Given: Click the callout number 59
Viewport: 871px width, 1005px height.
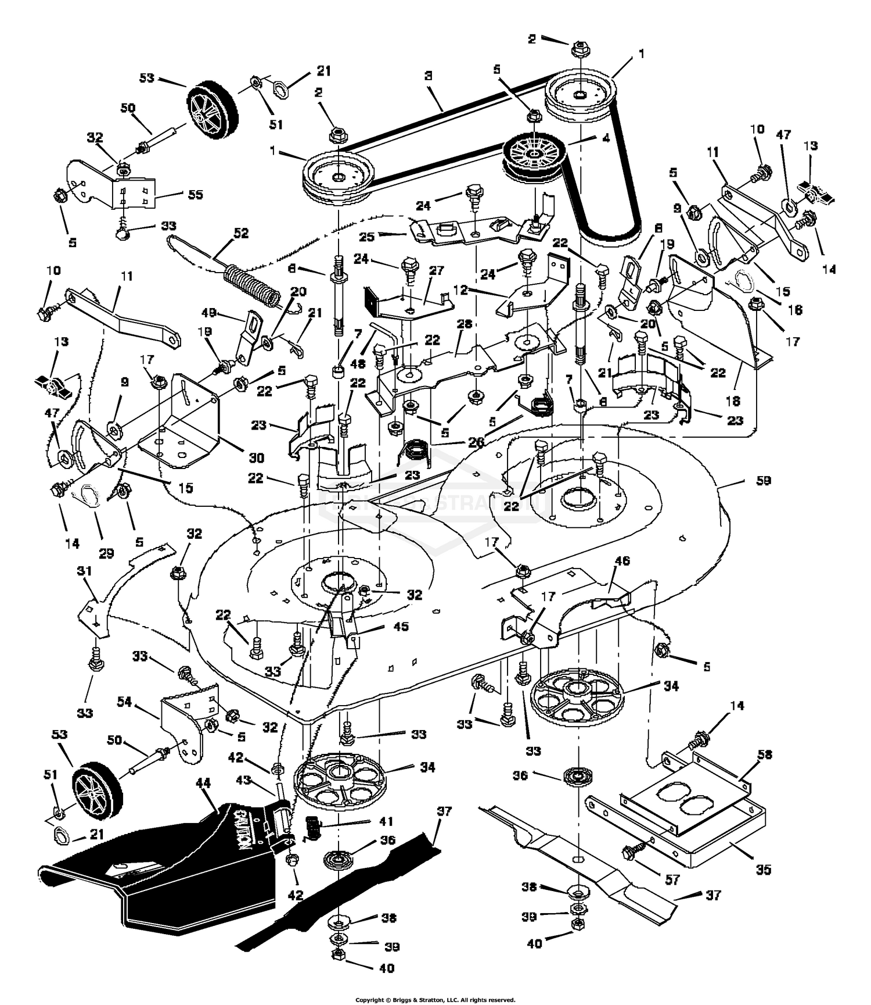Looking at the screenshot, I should [x=763, y=481].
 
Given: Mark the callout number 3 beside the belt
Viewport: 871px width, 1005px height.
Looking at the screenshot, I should [x=428, y=76].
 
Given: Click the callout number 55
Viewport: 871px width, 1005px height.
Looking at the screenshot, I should [x=196, y=194].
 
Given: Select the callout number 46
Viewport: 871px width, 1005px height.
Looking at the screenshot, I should [x=621, y=561].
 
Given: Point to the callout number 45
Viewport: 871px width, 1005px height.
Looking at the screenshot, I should [x=401, y=627].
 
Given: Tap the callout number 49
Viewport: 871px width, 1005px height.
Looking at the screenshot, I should [x=208, y=313].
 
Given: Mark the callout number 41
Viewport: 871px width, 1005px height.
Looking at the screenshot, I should [x=386, y=821].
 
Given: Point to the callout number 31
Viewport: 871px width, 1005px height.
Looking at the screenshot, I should [x=85, y=572].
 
